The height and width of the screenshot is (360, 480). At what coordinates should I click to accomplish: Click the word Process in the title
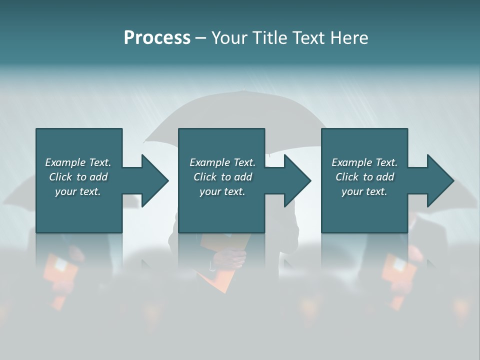point(157,38)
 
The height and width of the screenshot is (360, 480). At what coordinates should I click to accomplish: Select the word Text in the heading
point(307,38)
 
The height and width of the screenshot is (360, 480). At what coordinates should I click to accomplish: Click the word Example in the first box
point(65,162)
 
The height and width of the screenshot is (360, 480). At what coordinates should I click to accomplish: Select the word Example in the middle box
point(209,162)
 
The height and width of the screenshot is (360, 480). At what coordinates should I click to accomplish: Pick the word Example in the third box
point(351,162)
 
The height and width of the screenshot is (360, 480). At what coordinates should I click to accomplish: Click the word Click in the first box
point(60,177)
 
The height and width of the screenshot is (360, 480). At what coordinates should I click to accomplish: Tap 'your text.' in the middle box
point(222,191)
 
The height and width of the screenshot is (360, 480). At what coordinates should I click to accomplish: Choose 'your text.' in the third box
point(364,191)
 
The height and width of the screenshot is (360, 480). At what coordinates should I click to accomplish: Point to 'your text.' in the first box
point(77,191)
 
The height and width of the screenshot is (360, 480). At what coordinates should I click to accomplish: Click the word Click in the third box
point(347,177)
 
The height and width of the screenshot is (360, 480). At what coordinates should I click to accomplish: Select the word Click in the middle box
point(205,177)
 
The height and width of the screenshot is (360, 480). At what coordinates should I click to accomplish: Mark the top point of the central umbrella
point(243,90)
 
